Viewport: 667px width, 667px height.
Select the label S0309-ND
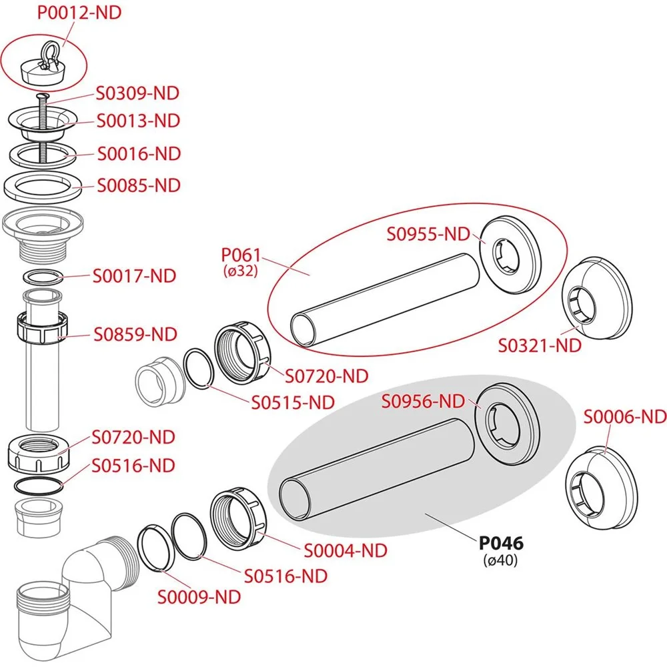139,93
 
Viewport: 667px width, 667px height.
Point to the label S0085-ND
139,185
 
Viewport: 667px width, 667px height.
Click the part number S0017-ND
134,275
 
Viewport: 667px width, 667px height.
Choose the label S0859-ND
135,333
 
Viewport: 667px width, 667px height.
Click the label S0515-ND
293,402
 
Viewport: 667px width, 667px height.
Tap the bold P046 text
501,544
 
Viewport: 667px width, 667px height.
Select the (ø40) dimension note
500,561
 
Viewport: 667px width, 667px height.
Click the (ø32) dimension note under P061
239,271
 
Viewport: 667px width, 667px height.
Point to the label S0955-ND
429,234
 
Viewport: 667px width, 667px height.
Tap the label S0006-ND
625,417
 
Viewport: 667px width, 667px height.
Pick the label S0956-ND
422,401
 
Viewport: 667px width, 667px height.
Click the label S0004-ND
346,551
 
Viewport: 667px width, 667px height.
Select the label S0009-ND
199,597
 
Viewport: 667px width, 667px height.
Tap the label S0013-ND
139,121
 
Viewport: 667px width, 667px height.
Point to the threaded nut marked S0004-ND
239,522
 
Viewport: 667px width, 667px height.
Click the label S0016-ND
139,153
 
